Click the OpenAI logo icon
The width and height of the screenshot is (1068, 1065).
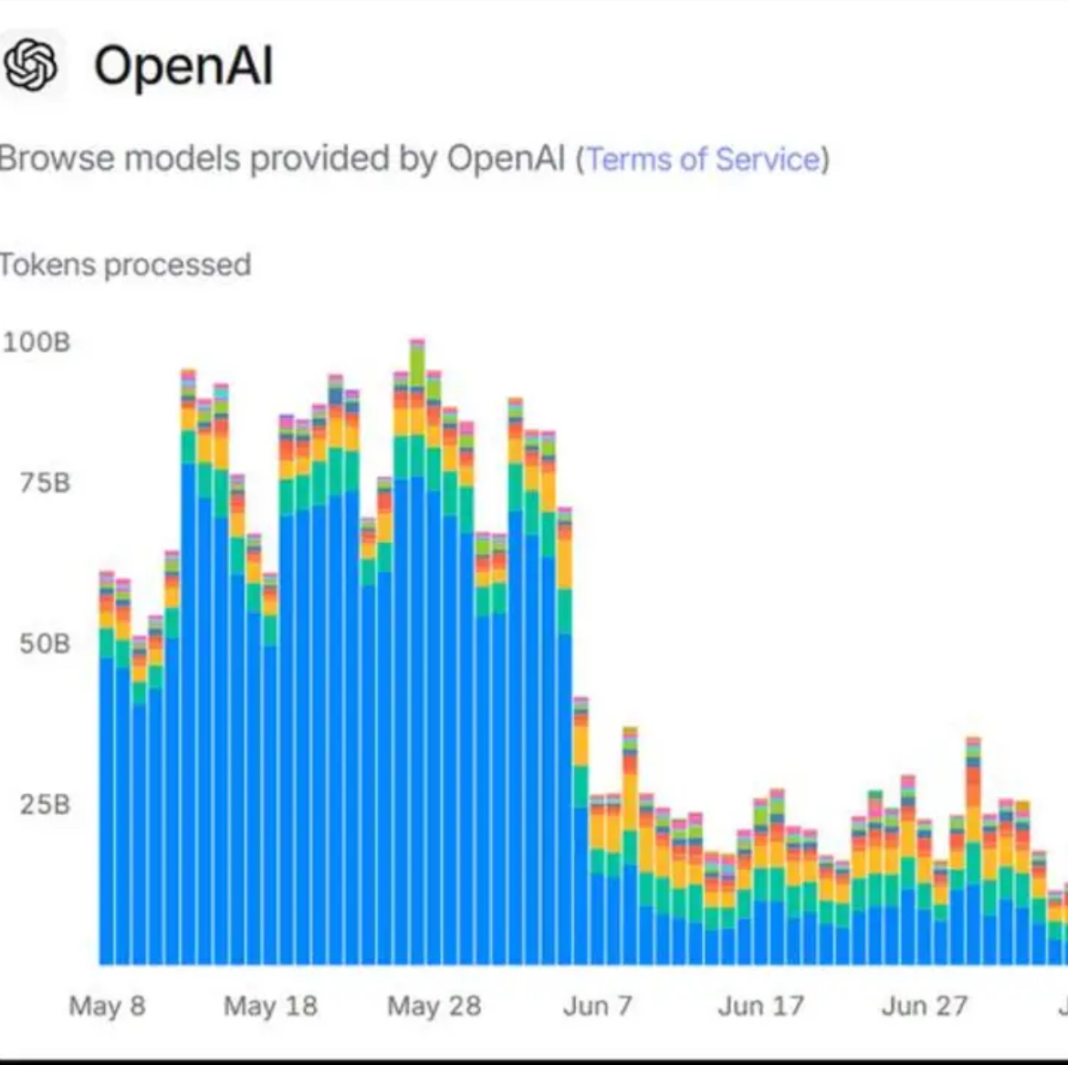pyautogui.click(x=32, y=65)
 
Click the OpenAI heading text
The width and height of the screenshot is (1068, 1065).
pyautogui.click(x=183, y=66)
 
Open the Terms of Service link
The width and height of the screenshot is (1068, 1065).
pyautogui.click(x=703, y=159)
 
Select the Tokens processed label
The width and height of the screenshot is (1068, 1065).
pyautogui.click(x=125, y=265)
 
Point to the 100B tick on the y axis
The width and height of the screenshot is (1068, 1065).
pyautogui.click(x=37, y=342)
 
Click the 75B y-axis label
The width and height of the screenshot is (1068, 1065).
pyautogui.click(x=45, y=482)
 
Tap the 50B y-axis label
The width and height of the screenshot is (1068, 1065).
pyautogui.click(x=45, y=643)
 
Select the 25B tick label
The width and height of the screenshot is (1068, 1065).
pyautogui.click(x=45, y=804)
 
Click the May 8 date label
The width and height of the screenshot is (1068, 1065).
pyautogui.click(x=107, y=1006)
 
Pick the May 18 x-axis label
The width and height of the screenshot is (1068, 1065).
pyautogui.click(x=270, y=1006)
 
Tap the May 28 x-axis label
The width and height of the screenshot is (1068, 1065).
pyautogui.click(x=434, y=1006)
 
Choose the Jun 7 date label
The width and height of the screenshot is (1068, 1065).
pyautogui.click(x=597, y=1006)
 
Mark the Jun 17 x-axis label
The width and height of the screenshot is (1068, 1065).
pyautogui.click(x=760, y=1006)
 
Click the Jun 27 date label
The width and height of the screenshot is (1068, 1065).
pyautogui.click(x=924, y=1006)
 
